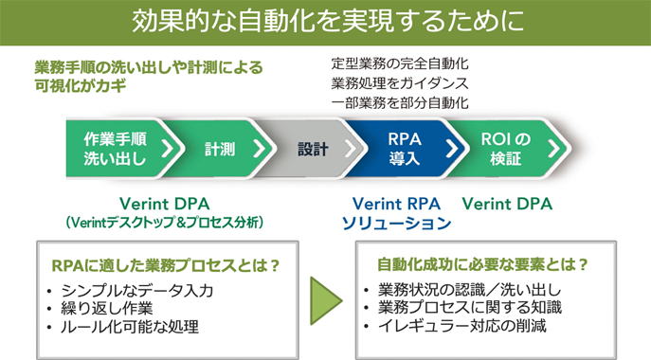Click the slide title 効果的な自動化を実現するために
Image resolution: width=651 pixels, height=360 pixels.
pos(325,22)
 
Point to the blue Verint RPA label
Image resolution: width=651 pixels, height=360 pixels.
pos(395,204)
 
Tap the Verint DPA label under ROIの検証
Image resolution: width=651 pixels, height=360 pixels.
pos(507,204)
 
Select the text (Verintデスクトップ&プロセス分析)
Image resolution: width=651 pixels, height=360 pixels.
pos(164,223)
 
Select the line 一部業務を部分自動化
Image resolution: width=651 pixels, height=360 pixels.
pos(401,103)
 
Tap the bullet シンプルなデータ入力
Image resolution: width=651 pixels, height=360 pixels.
pos(136,290)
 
